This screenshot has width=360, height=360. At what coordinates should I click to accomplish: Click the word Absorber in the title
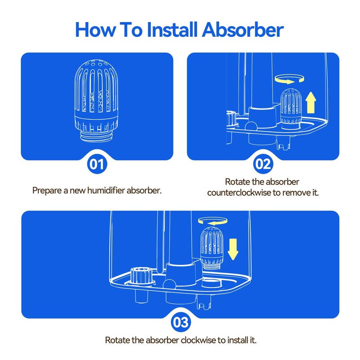pyautogui.click(x=243, y=30)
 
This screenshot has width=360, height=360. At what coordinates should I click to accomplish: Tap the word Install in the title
pyautogui.click(x=172, y=29)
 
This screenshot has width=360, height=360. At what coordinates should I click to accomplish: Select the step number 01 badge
pyautogui.click(x=97, y=164)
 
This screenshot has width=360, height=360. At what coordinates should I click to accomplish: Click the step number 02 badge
pyautogui.click(x=263, y=164)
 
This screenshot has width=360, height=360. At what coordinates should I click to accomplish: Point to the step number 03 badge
pyautogui.click(x=181, y=322)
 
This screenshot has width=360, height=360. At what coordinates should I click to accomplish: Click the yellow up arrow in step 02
pyautogui.click(x=311, y=103)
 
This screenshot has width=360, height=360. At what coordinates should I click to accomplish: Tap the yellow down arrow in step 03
pyautogui.click(x=233, y=249)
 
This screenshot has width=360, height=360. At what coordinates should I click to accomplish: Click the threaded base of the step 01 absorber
pyautogui.click(x=96, y=136)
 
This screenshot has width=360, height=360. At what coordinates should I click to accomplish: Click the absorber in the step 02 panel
pyautogui.click(x=290, y=109)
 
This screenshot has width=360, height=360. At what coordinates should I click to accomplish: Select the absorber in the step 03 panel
pyautogui.click(x=211, y=248)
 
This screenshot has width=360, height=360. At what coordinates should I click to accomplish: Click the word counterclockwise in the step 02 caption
pyautogui.click(x=239, y=193)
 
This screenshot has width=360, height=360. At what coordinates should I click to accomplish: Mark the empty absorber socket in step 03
pyautogui.click(x=211, y=283)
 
